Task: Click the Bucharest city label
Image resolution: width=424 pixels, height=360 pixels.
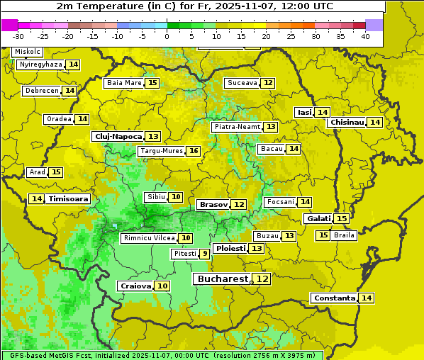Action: pyautogui.click(x=223, y=279)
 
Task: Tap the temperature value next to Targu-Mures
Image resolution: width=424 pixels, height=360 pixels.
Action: pyautogui.click(x=193, y=151)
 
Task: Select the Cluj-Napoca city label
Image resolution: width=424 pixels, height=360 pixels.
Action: pyautogui.click(x=117, y=136)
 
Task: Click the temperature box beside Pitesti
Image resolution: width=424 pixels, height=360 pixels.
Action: pyautogui.click(x=205, y=253)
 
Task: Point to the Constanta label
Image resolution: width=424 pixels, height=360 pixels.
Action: pyautogui.click(x=333, y=298)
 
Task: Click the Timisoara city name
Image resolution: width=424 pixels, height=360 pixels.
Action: pyautogui.click(x=68, y=199)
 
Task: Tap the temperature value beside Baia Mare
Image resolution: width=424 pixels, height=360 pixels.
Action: pyautogui.click(x=152, y=83)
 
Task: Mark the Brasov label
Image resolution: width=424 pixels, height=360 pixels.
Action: pyautogui.click(x=213, y=204)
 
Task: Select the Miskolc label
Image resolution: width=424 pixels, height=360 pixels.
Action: pyautogui.click(x=28, y=52)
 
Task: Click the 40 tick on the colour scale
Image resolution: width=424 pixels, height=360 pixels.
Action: pyautogui.click(x=365, y=36)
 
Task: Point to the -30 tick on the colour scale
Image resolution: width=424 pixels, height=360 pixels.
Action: pyautogui.click(x=18, y=36)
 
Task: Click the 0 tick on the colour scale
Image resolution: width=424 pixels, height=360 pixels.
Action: pyautogui.click(x=167, y=36)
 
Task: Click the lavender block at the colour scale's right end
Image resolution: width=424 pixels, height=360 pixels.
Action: pyautogui.click(x=374, y=25)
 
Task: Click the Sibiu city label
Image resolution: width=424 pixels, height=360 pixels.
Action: pyautogui.click(x=155, y=196)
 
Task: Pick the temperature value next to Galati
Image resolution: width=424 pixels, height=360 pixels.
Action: pyautogui.click(x=341, y=218)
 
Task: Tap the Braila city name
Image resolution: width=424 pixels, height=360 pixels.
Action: pyautogui.click(x=344, y=235)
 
